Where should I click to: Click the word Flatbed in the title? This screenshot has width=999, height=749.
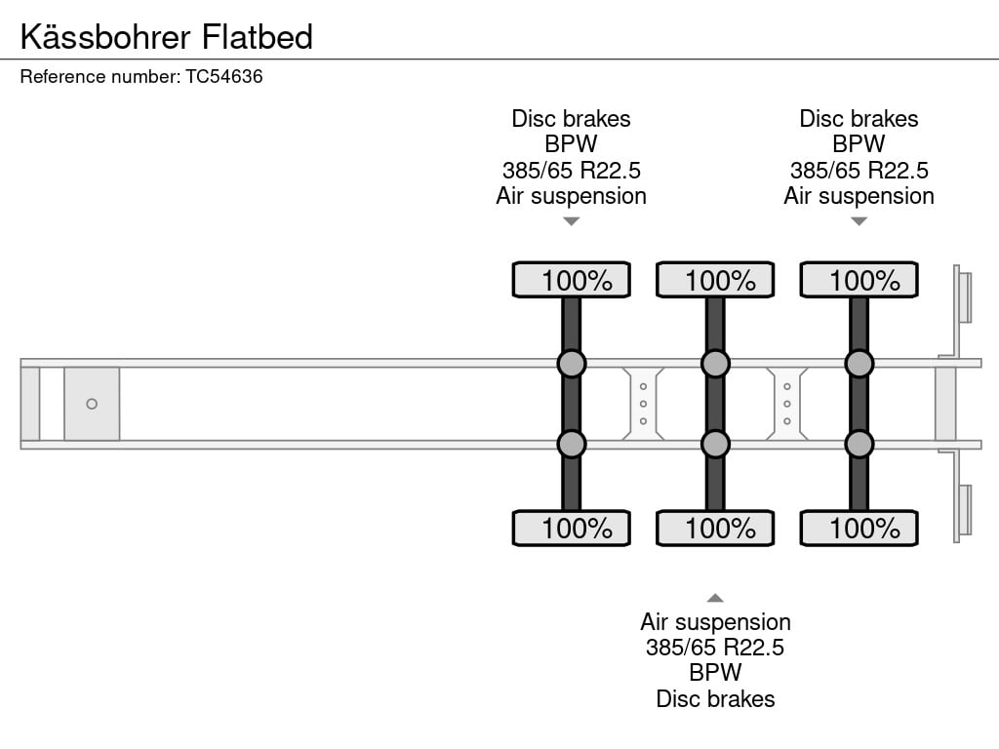tap(258, 36)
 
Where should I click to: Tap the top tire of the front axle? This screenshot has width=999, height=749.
tap(572, 280)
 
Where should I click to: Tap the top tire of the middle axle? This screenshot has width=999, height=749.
tap(715, 280)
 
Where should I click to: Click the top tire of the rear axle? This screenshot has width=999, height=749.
tap(859, 280)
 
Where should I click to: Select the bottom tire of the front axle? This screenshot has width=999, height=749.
tap(572, 528)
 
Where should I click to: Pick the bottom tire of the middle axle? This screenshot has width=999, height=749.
tap(715, 528)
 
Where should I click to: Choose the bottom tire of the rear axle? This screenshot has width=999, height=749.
tap(859, 528)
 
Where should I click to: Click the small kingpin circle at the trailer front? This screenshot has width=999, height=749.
tap(92, 404)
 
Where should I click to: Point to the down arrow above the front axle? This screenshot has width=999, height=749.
tap(572, 221)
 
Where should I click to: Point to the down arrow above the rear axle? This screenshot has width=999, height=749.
tap(859, 221)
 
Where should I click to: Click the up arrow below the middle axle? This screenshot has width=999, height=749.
tap(715, 598)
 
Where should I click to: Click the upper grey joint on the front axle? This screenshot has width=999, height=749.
tap(572, 364)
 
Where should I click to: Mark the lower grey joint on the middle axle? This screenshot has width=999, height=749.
tap(715, 445)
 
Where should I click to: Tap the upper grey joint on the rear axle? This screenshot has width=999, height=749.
tap(859, 364)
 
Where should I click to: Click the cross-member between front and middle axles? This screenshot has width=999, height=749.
tap(644, 404)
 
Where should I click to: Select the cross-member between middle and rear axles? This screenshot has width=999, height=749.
tap(787, 404)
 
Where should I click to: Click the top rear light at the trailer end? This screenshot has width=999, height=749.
tap(965, 296)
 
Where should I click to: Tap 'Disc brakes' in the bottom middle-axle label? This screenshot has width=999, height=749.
tap(715, 698)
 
